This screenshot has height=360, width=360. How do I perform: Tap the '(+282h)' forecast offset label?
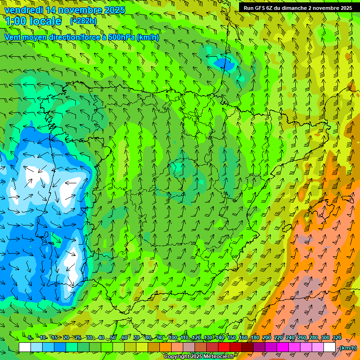point(83,21)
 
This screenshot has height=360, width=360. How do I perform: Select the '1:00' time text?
point(16,21)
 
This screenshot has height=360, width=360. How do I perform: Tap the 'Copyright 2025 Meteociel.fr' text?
point(200,356)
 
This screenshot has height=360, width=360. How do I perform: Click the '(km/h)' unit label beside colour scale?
point(348,348)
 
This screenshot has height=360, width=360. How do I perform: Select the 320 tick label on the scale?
point(337,338)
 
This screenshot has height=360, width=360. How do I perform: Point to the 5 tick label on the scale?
point(30,338)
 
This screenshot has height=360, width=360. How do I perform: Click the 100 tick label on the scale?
point(173,338)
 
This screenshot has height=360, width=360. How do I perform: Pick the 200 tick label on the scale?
point(267,338)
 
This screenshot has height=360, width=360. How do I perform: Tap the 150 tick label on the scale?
point(232,338)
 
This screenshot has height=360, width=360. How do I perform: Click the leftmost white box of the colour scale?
point(25,347)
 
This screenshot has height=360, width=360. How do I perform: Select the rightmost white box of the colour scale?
point(330,347)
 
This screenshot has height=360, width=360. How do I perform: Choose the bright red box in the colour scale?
point(224,347)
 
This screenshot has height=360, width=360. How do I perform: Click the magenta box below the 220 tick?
point(283,347)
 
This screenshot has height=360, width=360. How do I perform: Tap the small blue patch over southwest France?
point(224,62)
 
